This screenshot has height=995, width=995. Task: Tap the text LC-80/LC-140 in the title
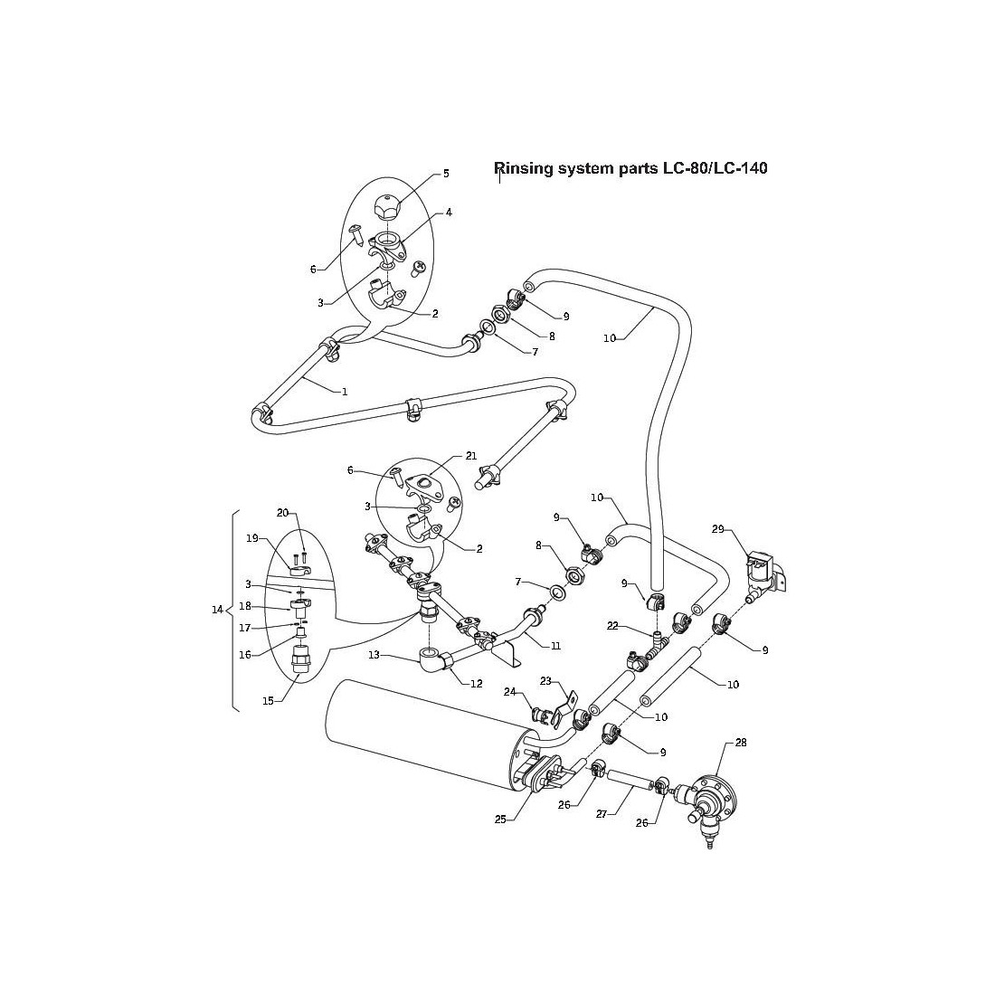[x=709, y=168]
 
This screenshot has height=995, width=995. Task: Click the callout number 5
[x=446, y=173]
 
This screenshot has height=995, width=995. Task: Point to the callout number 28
[x=741, y=742]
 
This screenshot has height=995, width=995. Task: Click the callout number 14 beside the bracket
[x=216, y=610]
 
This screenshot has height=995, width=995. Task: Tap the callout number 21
[x=470, y=456]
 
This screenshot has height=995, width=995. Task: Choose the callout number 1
[x=345, y=392]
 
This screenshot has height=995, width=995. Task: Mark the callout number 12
[x=477, y=683]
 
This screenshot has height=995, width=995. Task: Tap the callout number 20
[x=282, y=513]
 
